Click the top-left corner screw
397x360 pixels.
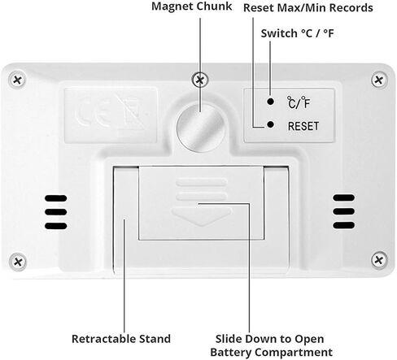pos(18,80)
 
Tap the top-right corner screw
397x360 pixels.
pos(379,80)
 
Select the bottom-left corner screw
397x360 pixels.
pos(18,262)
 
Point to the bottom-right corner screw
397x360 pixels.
pos(379,260)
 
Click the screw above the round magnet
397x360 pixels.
pos(200,80)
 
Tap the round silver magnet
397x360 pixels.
pos(201,128)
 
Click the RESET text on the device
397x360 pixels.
pos(303,126)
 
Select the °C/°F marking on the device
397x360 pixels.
pos(299,102)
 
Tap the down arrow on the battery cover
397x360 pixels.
pos(201,216)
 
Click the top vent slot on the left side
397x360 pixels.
pos(56,198)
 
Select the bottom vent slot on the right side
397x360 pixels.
pos(343,225)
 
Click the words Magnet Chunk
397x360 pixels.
pos(191,7)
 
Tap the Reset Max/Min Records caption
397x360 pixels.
pos(308,8)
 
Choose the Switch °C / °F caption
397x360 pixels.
pos(297,33)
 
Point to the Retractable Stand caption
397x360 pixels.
pos(121,339)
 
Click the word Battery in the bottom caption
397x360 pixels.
pos(231,353)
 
